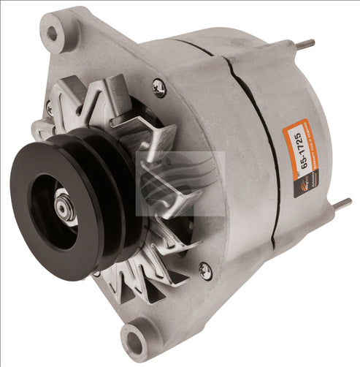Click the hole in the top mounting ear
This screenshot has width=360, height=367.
[53, 33]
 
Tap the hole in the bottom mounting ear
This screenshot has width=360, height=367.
[135, 340]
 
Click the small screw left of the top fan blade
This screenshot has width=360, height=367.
[50, 107]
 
